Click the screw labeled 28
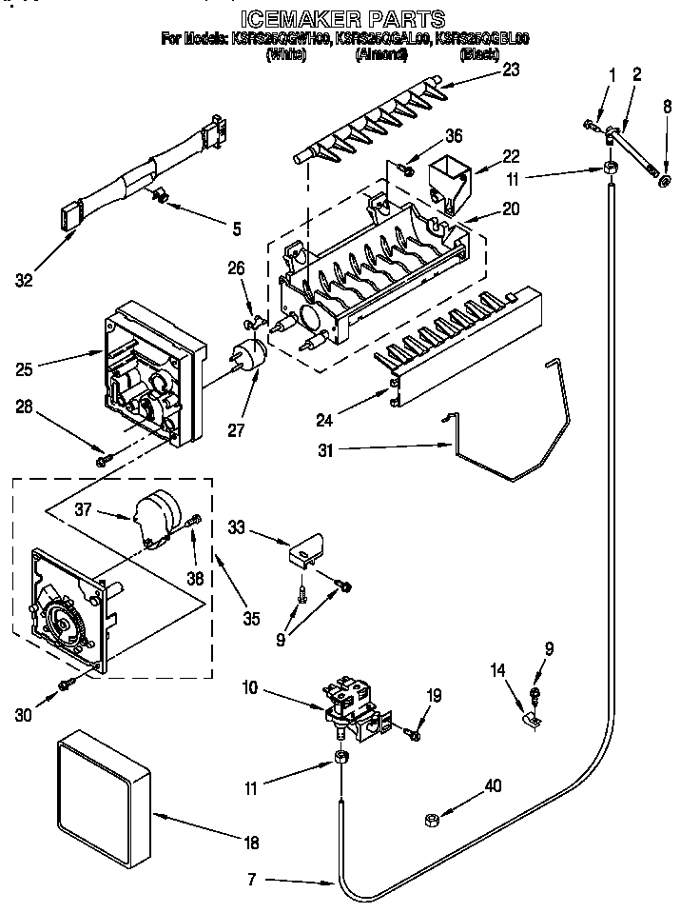(102, 462)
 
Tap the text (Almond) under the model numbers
(380, 54)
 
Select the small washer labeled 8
(665, 181)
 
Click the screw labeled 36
(406, 169)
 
